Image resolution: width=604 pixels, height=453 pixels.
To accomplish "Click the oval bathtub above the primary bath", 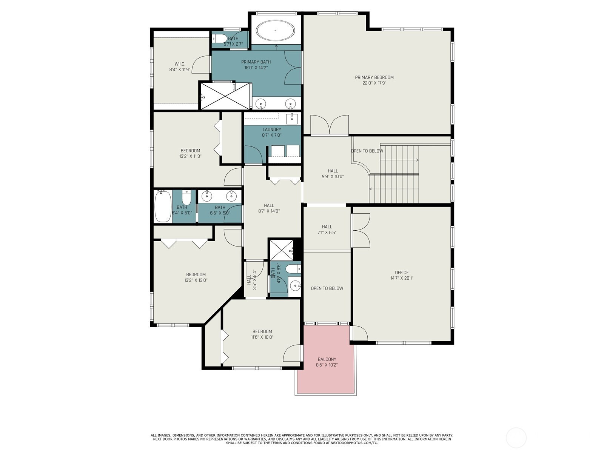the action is (276, 31).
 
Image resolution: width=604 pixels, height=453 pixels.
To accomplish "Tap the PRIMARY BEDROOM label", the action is (374, 77).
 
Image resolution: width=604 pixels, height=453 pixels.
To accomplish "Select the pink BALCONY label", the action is (327, 359).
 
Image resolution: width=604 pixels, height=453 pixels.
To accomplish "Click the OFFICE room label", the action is (402, 272).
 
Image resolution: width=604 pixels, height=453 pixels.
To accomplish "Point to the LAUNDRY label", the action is (272, 129).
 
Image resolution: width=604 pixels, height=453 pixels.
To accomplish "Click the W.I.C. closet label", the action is (180, 64).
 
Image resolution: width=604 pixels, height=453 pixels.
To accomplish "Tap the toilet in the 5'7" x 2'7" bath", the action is (219, 39).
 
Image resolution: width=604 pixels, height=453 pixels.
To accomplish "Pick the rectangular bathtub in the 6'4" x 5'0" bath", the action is (163, 206).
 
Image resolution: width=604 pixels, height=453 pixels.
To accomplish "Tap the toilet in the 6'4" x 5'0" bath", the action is (186, 195).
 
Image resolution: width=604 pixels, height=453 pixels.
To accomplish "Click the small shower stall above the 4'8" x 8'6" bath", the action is (281, 250).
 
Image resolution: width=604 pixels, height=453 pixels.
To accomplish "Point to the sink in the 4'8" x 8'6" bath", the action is (295, 286).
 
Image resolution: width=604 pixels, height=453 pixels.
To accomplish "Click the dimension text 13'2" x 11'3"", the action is (190, 156).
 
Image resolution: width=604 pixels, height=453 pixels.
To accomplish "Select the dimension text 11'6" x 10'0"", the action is (262, 337).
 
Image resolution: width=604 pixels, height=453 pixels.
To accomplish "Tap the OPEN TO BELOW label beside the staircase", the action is (367, 151).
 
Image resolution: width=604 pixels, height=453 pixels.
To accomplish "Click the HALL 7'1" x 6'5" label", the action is (327, 230).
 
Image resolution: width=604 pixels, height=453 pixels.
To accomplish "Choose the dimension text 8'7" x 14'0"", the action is (269, 211).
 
